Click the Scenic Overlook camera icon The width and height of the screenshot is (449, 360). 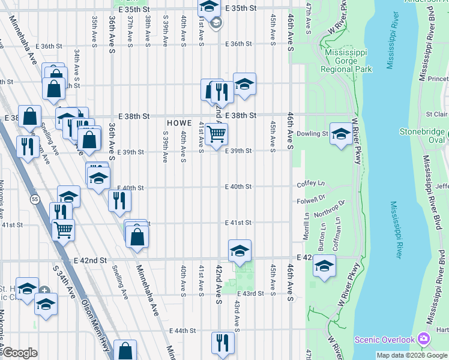[424, 339]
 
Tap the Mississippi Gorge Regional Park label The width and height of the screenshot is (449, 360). [347, 61]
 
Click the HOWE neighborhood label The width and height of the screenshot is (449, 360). [179, 122]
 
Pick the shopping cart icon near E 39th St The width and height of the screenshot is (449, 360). [216, 133]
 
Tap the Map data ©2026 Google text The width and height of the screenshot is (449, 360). [412, 355]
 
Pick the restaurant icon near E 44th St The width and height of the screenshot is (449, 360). [222, 343]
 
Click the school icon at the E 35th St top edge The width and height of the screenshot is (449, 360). [208, 7]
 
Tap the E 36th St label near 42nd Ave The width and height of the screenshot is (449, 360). [238, 44]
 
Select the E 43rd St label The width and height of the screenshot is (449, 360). [252, 293]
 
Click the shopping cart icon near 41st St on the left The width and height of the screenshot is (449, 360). [63, 228]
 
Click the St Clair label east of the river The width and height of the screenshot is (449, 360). [436, 114]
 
